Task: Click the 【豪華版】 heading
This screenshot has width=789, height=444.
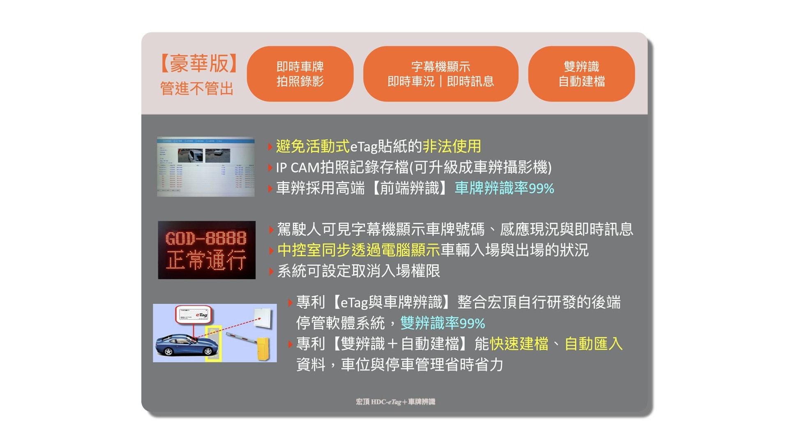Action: [x=199, y=64]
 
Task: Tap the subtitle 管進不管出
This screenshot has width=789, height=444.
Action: [x=196, y=88]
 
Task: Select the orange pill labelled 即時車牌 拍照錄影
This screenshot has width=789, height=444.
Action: [x=300, y=74]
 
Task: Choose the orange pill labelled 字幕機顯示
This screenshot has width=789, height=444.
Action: [x=441, y=74]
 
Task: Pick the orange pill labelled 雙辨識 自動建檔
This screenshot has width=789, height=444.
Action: [x=581, y=74]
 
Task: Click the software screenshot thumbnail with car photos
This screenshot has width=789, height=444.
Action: [x=205, y=166]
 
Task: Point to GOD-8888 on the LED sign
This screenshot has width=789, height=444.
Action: [x=206, y=238]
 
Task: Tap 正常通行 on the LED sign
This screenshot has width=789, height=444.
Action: [x=206, y=260]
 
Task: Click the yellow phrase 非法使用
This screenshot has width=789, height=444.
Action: [x=452, y=146]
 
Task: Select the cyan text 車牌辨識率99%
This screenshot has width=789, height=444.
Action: [x=504, y=188]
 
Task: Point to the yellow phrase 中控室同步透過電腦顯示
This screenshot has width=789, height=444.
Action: [x=358, y=250]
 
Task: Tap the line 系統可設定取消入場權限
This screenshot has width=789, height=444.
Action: [x=358, y=271]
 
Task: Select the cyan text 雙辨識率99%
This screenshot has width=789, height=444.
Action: [x=443, y=323]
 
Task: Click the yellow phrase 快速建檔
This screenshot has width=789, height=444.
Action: [x=519, y=344]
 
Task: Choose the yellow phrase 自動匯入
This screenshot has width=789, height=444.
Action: [x=593, y=344]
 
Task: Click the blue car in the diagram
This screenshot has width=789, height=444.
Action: [x=187, y=345]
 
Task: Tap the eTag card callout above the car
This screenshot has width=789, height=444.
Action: [x=193, y=315]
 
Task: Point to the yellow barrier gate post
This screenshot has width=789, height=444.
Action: [x=263, y=349]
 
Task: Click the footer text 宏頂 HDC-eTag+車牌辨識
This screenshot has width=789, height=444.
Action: [x=395, y=402]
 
